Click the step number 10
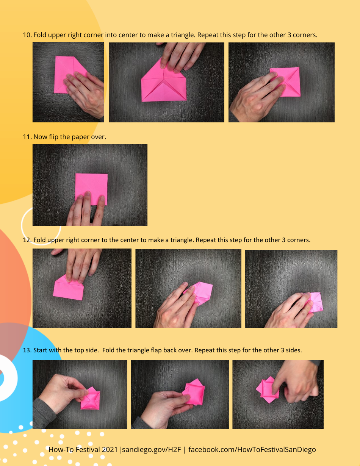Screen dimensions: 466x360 [27, 35]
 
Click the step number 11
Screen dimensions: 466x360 [27, 137]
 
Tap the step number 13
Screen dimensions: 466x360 [27, 350]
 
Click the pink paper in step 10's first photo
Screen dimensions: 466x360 [63, 70]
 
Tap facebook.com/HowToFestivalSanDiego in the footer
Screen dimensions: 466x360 [252, 450]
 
